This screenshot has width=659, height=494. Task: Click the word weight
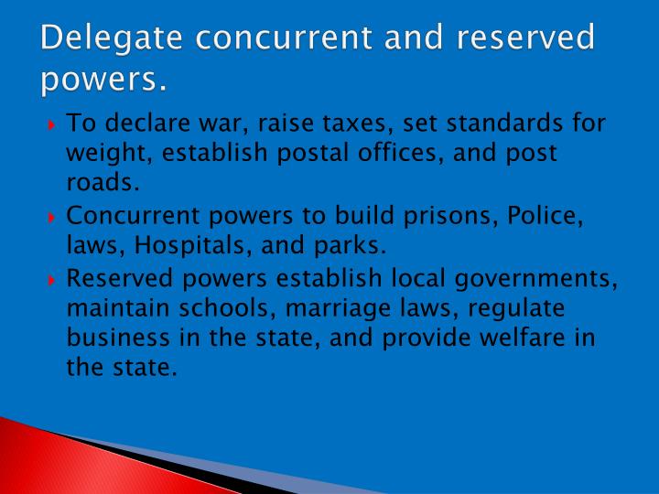pyautogui.click(x=99, y=154)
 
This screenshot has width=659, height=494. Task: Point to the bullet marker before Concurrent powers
pyautogui.click(x=53, y=218)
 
